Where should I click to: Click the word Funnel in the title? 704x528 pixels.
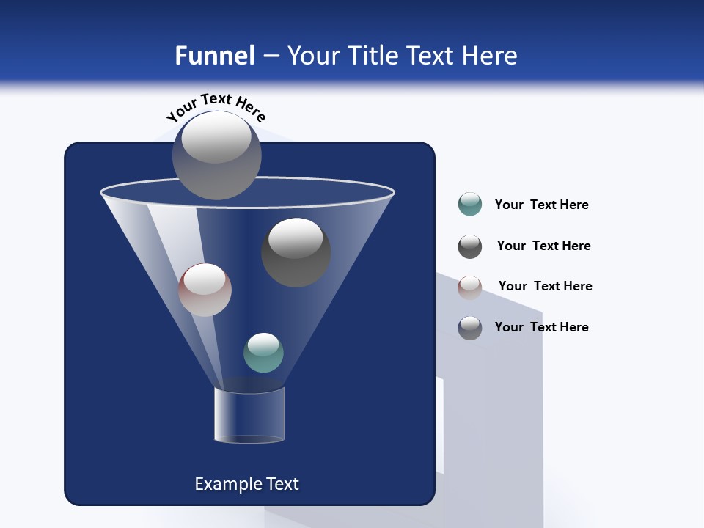[x=214, y=56]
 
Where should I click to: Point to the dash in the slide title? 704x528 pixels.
[x=270, y=56]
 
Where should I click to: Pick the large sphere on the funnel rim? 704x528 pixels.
[x=216, y=155]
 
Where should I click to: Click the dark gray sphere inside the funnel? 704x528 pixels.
[x=296, y=252]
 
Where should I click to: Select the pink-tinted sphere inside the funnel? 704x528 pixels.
[x=205, y=290]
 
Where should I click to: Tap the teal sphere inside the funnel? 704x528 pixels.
[x=263, y=353]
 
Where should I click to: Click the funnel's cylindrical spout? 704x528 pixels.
[x=249, y=415]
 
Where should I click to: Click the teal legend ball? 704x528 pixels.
[x=470, y=204]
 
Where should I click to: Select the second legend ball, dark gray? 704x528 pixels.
[x=470, y=246]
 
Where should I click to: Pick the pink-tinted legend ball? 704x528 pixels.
[x=470, y=287]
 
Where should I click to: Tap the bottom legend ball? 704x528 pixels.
[x=470, y=328]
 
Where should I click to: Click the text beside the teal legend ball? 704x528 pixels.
[x=541, y=205]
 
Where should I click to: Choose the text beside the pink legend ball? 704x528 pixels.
[x=545, y=286]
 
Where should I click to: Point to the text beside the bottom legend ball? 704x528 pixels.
[x=541, y=327]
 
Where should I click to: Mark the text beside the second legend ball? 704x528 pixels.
[x=543, y=246]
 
